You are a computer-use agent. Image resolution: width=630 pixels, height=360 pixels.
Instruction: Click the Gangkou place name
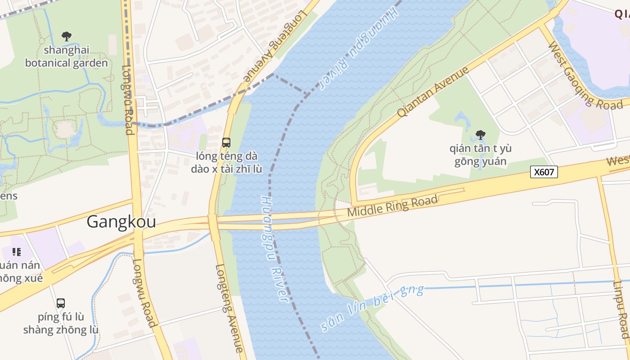(121, 222)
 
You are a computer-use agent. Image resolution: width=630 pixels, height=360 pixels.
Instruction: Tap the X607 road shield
(544, 172)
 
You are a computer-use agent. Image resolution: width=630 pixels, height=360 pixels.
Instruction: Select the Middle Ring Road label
(392, 206)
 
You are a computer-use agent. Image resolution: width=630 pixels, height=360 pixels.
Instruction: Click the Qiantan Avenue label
(433, 92)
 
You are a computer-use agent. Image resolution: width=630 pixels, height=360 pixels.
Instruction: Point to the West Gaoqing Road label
(585, 75)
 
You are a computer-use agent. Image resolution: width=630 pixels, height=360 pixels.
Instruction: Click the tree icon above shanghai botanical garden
(67, 36)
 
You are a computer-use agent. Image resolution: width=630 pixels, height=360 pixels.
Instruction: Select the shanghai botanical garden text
(67, 56)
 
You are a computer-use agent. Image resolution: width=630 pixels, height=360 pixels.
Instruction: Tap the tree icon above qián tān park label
(480, 135)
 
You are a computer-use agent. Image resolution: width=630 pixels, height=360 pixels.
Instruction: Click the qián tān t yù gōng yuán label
(480, 155)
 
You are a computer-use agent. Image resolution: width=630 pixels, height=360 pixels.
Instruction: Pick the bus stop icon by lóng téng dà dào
(226, 143)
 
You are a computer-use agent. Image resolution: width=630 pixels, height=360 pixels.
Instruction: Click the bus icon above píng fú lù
(61, 303)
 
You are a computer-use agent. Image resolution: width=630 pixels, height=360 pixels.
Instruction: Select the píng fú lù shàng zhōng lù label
(61, 323)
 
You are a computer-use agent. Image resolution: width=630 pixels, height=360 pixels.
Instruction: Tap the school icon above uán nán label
(17, 252)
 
